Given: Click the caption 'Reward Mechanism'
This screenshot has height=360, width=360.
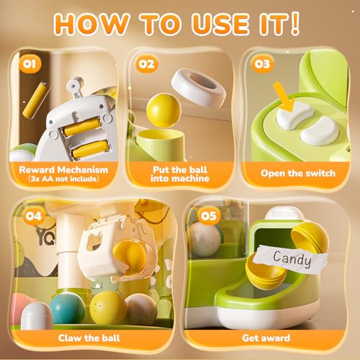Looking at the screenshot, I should tap(59, 168).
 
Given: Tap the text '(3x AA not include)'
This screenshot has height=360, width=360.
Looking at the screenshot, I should tap(59, 179).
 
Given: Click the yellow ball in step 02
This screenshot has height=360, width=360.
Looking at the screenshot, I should tap(163, 110).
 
